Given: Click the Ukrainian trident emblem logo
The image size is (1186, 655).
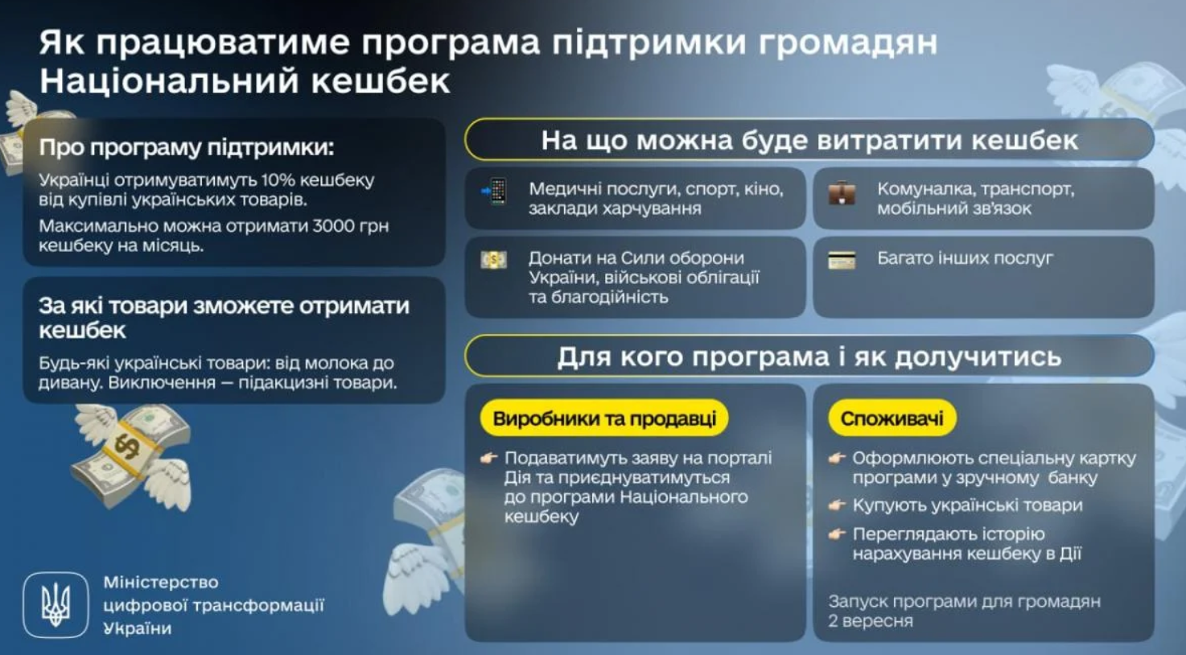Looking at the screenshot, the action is (x=56, y=604).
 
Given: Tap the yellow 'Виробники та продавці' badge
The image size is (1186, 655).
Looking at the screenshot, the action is (x=604, y=418).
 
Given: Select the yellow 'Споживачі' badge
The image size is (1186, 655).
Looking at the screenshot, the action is (x=892, y=418).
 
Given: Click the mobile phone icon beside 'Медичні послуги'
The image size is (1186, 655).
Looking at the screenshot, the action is (x=494, y=192).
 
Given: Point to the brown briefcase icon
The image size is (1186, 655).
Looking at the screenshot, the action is (x=842, y=193).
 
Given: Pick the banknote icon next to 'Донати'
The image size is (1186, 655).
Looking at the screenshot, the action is (x=493, y=260).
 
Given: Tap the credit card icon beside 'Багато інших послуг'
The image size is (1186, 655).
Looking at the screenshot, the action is (x=842, y=260).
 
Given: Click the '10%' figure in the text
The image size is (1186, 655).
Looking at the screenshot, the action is (x=278, y=180).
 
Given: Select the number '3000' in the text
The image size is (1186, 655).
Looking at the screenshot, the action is (x=335, y=226).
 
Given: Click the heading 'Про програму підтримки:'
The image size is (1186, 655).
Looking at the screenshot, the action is (x=187, y=147).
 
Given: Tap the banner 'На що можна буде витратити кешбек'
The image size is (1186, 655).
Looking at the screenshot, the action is (x=809, y=140).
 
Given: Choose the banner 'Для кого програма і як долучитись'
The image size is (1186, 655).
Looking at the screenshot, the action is (x=809, y=356).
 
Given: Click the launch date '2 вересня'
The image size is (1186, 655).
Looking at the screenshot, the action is (x=871, y=621).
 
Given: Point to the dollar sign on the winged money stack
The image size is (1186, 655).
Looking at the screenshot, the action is (x=127, y=447).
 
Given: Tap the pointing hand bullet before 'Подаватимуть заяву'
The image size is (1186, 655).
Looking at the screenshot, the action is (x=488, y=458).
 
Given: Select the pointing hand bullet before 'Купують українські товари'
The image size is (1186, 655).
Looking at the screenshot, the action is (x=837, y=505).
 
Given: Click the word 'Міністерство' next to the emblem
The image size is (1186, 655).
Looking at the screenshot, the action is (x=161, y=582).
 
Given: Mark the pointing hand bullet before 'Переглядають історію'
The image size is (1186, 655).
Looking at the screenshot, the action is (x=837, y=534).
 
